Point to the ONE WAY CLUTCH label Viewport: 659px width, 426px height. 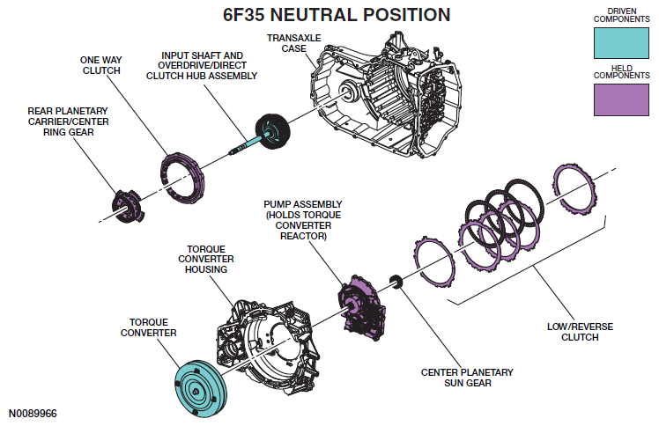pyautogui.click(x=100, y=63)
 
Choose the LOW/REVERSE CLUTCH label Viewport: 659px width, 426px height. pyautogui.click(x=580, y=332)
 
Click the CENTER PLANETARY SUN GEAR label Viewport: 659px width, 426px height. pyautogui.click(x=466, y=378)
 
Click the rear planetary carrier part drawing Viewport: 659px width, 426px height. pyautogui.click(x=125, y=205)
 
